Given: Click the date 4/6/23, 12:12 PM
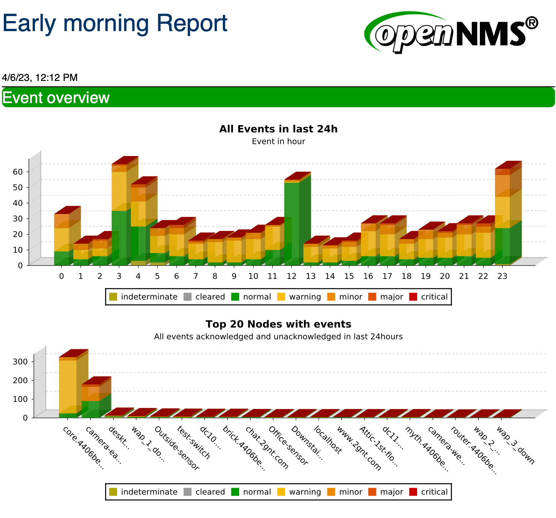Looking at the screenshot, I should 40,78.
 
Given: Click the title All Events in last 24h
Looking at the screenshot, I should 278,129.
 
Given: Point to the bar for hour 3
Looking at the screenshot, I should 119,214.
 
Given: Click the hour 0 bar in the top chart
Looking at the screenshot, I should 62,240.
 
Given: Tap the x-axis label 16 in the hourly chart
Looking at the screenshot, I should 368,276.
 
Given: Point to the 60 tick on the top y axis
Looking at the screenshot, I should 18,172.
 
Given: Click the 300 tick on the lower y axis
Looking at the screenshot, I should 20,362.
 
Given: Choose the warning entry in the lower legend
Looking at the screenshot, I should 299,492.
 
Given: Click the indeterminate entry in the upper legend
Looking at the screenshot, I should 143,297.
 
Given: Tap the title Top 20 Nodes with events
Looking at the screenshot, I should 278,324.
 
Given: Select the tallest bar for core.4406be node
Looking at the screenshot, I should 68,386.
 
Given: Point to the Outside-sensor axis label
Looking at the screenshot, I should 176,448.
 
